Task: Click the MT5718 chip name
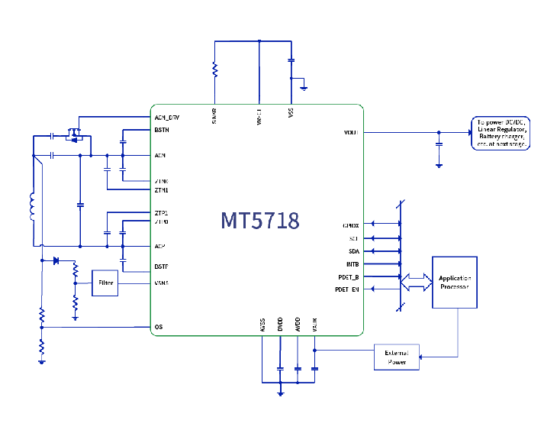pyautogui.click(x=260, y=221)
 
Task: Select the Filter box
pyautogui.click(x=105, y=283)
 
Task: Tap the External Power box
pyautogui.click(x=397, y=357)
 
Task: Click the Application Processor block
pyautogui.click(x=456, y=282)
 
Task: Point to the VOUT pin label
pyautogui.click(x=351, y=132)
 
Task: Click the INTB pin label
pyautogui.click(x=353, y=264)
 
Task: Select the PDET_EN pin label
pyautogui.click(x=347, y=289)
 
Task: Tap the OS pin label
pyautogui.click(x=158, y=327)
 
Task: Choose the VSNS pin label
pyautogui.click(x=161, y=283)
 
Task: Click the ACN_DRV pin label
pyautogui.click(x=166, y=118)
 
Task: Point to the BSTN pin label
pyautogui.click(x=162, y=130)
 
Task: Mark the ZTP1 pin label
pyautogui.click(x=161, y=212)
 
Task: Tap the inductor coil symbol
pyautogui.click(x=32, y=206)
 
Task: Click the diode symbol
pyautogui.click(x=56, y=260)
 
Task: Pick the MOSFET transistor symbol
pyautogui.click(x=75, y=135)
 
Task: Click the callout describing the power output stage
pyautogui.click(x=501, y=134)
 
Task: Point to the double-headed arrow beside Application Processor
pyautogui.click(x=416, y=282)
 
